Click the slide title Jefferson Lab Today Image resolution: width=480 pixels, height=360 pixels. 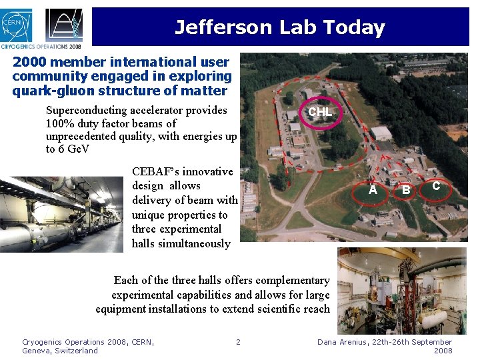tap(280, 27)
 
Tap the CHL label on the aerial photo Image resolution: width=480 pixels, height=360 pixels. tap(319, 111)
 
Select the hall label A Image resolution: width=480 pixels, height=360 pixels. tap(373, 191)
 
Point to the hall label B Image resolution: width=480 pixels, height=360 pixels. tap(405, 191)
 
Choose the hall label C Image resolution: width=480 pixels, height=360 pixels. tap(435, 186)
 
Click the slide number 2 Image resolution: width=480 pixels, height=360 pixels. tap(238, 342)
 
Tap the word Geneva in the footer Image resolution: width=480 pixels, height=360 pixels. tap(37, 351)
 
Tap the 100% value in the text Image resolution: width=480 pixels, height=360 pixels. tap(60, 123)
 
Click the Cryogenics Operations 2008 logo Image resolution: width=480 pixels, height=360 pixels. tap(65, 27)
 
